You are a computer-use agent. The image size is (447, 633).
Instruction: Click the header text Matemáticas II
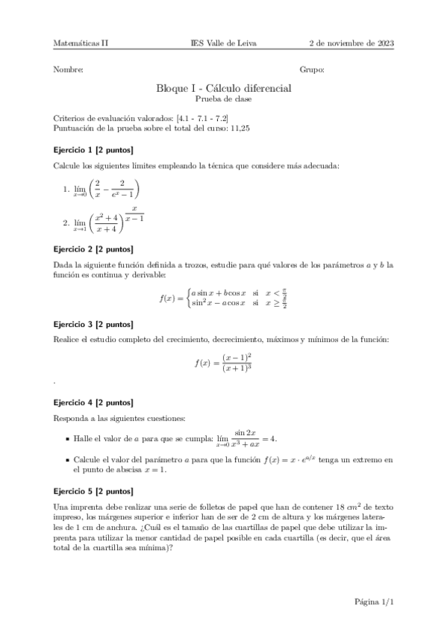click(81, 44)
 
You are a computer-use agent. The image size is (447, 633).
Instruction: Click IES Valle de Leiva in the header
click(223, 44)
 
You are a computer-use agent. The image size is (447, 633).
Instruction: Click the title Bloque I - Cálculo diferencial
click(223, 87)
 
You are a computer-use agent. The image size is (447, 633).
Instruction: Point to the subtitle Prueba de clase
click(223, 99)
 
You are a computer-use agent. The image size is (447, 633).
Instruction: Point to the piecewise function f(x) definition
click(223, 299)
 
